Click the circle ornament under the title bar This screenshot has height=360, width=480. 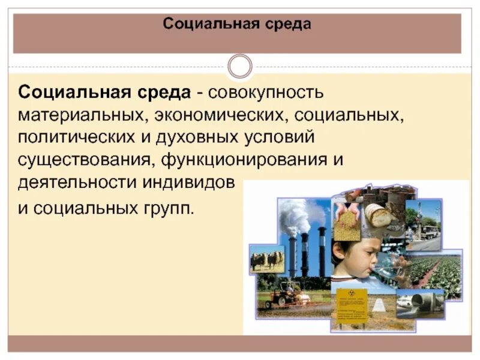pyautogui.click(x=240, y=66)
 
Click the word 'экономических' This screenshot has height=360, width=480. pyautogui.click(x=207, y=114)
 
